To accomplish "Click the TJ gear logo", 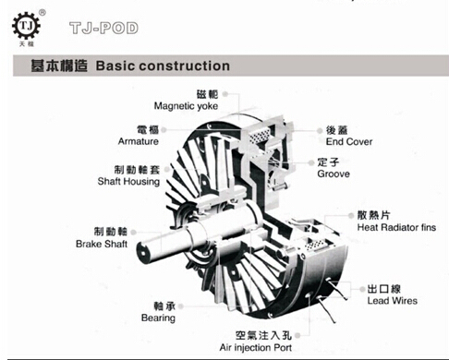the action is coord(26,26).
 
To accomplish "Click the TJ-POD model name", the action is coord(103,28).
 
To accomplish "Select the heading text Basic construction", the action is coord(163,66).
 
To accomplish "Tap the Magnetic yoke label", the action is coord(186,106).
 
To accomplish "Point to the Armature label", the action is coord(139,141).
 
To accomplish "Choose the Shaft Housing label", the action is coord(128,182).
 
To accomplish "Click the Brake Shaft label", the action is coord(102,244).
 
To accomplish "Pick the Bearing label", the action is coord(158,318).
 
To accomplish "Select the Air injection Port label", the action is coord(256,348).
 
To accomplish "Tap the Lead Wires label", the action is coord(393,301).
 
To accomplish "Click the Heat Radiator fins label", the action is coord(396,227).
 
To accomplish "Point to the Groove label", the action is coord(334,174).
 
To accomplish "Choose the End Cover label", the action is coord(349,141).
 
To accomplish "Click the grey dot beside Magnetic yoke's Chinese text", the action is coord(225,94).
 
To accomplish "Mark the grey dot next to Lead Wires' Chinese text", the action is coord(362,289).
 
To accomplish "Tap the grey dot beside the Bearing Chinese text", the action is coord(181,306).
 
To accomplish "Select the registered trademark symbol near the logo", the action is coord(42,13).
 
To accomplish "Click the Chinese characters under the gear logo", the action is coord(27,44).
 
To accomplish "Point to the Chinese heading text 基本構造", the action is coord(59,66).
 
